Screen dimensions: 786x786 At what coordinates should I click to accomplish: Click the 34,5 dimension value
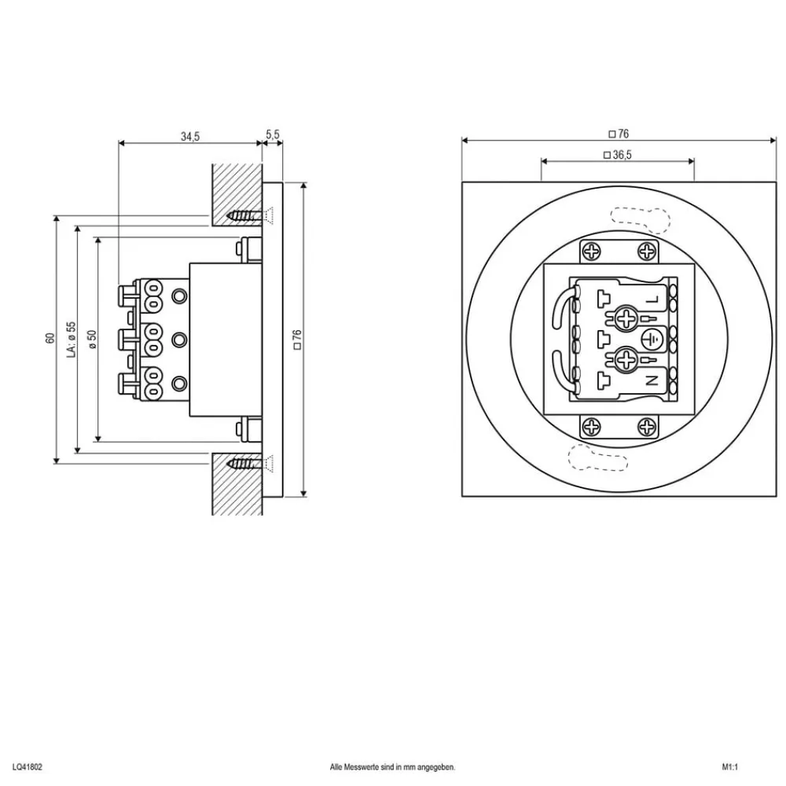click(x=189, y=136)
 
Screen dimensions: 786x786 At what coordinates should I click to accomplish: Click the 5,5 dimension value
click(x=273, y=135)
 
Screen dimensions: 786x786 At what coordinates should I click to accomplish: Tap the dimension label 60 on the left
click(x=50, y=338)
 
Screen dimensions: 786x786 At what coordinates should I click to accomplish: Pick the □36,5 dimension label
click(x=618, y=155)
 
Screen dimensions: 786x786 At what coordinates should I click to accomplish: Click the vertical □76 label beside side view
click(x=297, y=339)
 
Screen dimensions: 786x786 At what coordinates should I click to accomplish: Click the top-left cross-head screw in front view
click(x=592, y=252)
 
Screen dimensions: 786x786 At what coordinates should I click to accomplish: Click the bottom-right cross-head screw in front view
click(x=646, y=427)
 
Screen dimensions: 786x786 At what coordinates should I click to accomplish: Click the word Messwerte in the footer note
click(x=366, y=766)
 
